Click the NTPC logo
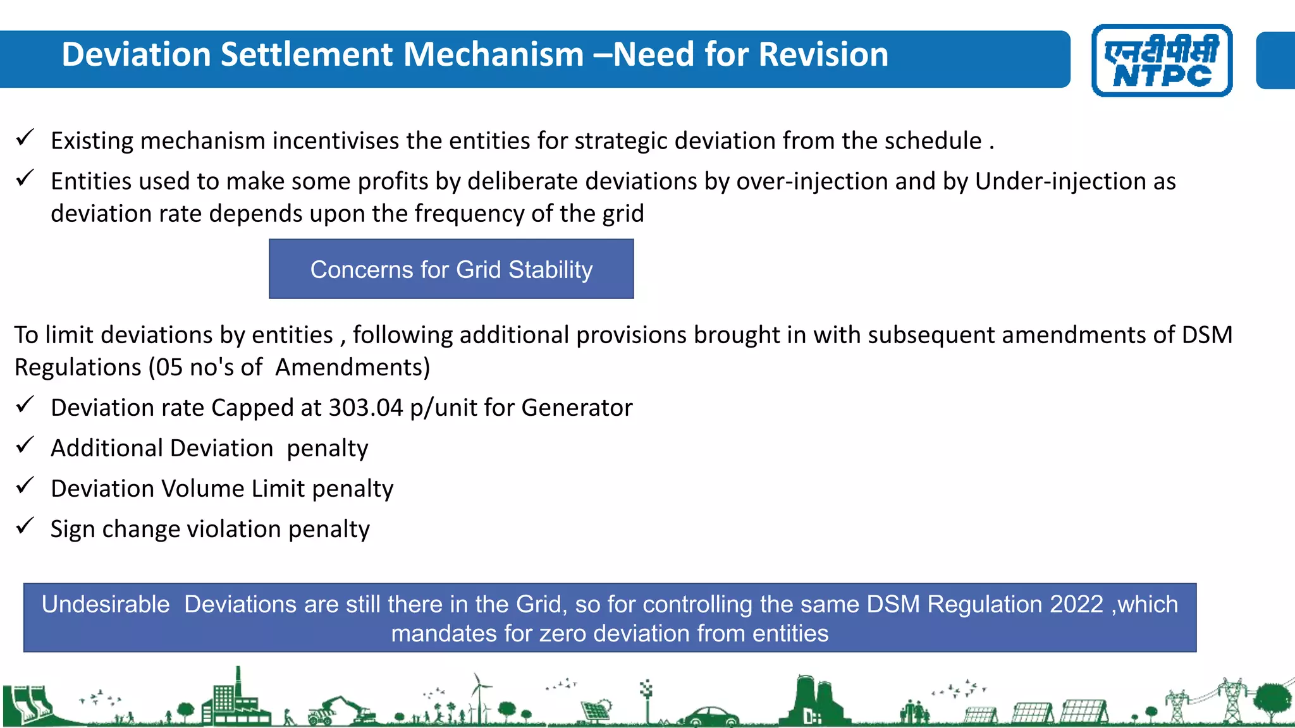pos(1162,61)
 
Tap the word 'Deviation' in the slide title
pos(135,54)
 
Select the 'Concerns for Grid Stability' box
pos(451,269)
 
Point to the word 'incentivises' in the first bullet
pos(335,140)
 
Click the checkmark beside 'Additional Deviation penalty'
pos(25,446)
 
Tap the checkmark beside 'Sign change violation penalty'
pos(25,526)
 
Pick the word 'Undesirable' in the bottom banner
pos(106,604)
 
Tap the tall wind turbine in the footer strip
pos(479,695)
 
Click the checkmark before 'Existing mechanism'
pos(25,137)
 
